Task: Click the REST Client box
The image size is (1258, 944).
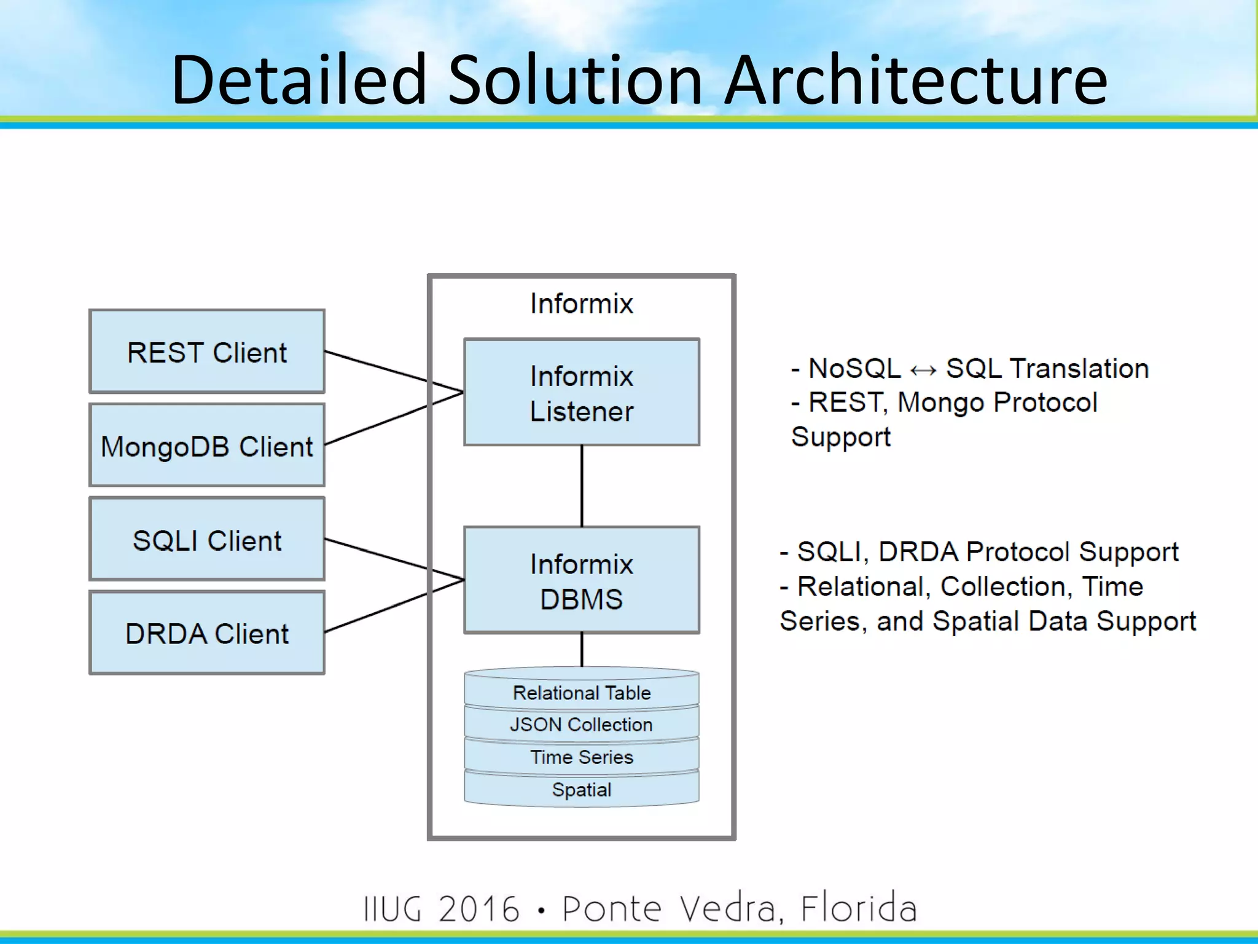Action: pos(207,352)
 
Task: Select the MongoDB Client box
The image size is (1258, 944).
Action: pos(207,446)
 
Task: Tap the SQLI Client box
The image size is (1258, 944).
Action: pos(207,540)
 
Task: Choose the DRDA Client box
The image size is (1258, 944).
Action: pos(207,633)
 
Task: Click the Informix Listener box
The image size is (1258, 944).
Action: pos(581,393)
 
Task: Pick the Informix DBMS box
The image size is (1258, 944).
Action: pos(581,580)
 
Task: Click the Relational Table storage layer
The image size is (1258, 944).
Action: pos(581,693)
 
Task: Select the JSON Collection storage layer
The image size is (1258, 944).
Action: pos(581,725)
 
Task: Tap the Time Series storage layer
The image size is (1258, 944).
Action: pos(581,757)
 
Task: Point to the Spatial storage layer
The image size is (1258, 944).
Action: pos(581,790)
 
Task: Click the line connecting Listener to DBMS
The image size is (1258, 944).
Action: pos(582,486)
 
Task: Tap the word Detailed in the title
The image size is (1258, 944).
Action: pos(299,80)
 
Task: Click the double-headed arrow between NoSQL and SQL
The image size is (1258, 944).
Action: pos(923,370)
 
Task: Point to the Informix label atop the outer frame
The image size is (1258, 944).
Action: pos(581,304)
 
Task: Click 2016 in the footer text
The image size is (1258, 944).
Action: pos(479,908)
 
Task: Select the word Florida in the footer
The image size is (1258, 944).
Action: pos(858,908)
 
